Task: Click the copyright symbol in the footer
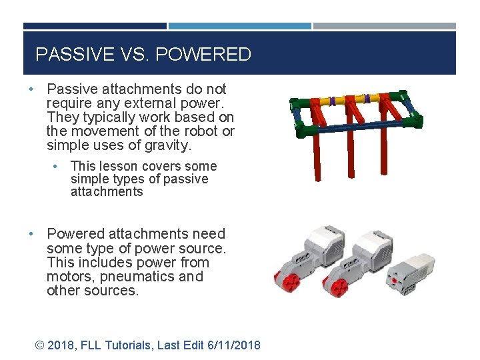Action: point(40,345)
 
